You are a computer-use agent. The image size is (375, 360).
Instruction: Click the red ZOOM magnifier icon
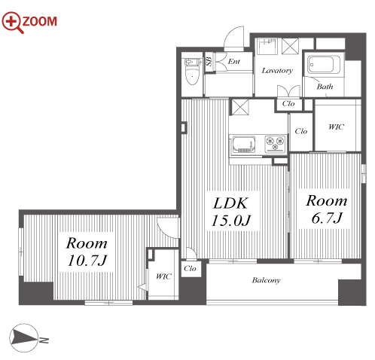(x=13, y=22)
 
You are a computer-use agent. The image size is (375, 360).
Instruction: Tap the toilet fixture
(x=193, y=71)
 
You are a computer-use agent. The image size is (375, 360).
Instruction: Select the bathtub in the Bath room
(x=324, y=65)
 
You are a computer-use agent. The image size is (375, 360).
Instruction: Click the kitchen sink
(x=244, y=145)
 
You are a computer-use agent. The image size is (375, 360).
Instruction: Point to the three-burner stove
(x=276, y=144)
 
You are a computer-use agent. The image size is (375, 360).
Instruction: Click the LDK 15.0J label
(x=231, y=212)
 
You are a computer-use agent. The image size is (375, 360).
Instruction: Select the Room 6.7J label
(x=327, y=209)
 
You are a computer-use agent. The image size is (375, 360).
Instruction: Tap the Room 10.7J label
(x=87, y=252)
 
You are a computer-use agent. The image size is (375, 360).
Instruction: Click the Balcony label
(x=266, y=280)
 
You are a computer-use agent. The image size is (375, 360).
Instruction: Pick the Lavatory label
(x=277, y=71)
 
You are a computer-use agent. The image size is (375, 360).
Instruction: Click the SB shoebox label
(x=209, y=61)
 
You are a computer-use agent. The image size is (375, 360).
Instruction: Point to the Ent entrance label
(x=234, y=61)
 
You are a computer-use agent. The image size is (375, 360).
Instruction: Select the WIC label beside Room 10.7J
(x=163, y=276)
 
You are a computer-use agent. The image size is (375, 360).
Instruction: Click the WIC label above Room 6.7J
(x=336, y=127)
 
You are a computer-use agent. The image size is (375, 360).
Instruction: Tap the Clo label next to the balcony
(x=190, y=268)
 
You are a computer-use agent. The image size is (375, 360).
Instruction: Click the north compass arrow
(x=25, y=337)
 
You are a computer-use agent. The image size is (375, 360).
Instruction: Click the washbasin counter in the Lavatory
(x=267, y=46)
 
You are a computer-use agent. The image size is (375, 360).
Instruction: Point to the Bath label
(x=325, y=87)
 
